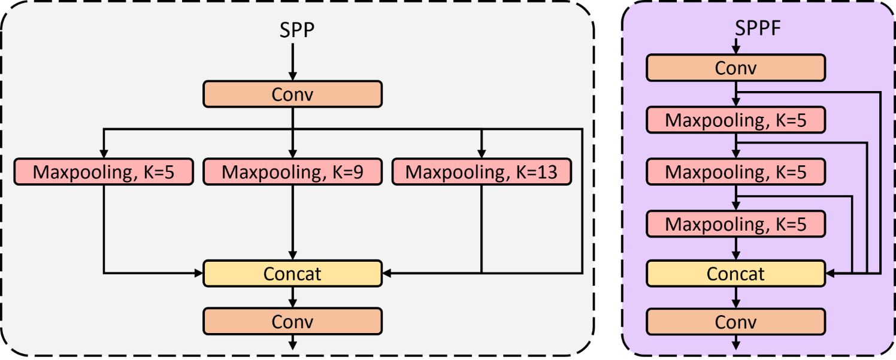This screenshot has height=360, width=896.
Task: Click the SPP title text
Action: [x=296, y=30]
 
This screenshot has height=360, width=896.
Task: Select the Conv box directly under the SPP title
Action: [x=292, y=94]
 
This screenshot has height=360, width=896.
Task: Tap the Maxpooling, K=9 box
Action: [x=292, y=172]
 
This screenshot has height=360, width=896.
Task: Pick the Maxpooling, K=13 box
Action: [x=481, y=172]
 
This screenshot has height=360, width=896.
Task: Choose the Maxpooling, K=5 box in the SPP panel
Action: [x=104, y=172]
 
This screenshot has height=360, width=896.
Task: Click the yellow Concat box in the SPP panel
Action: [x=292, y=273]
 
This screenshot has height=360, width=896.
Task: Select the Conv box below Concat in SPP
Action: [x=292, y=321]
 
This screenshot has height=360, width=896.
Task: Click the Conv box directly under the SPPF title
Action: [x=735, y=68]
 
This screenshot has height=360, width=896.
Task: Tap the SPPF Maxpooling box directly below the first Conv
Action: [x=735, y=120]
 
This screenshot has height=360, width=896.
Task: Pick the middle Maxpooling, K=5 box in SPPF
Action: [x=735, y=173]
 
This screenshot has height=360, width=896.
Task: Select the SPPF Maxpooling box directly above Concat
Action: [x=735, y=225]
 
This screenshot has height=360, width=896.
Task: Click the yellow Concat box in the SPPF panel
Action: [x=735, y=274]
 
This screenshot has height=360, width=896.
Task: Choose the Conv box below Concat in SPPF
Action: [x=735, y=322]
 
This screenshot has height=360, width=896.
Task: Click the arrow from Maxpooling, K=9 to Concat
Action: [x=292, y=222]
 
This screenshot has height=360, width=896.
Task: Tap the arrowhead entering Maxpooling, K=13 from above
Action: [x=481, y=153]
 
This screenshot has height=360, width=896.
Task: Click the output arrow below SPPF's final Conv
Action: [x=735, y=343]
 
